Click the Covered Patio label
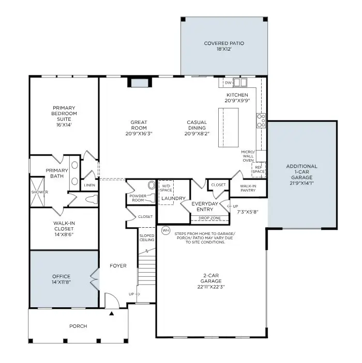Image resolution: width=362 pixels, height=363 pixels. (224, 43)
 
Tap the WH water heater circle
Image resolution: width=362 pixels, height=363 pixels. (165, 230)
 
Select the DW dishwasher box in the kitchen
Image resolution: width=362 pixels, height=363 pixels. (228, 82)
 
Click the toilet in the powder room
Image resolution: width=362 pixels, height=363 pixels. (151, 185)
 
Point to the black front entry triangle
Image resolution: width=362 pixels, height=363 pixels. (111, 313)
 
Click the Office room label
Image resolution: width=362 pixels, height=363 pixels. (61, 276)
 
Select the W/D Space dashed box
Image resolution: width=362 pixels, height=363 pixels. (166, 188)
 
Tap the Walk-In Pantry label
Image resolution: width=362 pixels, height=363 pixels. (248, 188)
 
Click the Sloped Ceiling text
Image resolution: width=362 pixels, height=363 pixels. (147, 238)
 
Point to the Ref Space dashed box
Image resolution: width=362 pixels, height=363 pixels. (258, 168)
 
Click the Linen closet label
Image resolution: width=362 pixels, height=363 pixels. (89, 185)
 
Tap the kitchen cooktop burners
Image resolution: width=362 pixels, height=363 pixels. (261, 120)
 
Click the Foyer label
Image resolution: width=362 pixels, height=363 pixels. (118, 266)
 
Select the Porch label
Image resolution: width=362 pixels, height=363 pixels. (78, 326)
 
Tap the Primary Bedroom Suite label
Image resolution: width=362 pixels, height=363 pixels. (64, 113)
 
